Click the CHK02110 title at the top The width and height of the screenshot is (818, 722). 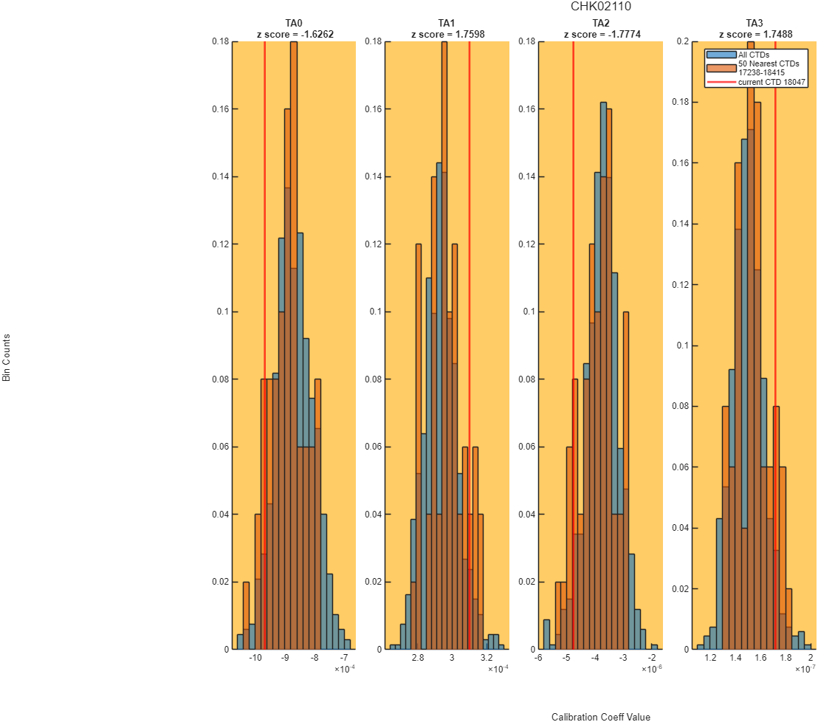click(600, 6)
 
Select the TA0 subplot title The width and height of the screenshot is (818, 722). click(294, 23)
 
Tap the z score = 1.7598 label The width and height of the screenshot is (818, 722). click(447, 35)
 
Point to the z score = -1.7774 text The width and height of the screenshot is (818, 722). click(602, 35)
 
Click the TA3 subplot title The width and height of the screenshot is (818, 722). click(755, 23)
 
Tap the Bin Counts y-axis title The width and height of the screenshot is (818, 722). click(6, 358)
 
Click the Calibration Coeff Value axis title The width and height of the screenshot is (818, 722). click(600, 717)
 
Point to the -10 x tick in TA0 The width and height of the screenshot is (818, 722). click(255, 658)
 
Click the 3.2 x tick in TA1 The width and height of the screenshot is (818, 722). click(487, 658)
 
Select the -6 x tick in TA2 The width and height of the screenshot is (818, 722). click(538, 658)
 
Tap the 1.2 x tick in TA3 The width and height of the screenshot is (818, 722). click(710, 658)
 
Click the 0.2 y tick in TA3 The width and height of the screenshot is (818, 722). click(682, 41)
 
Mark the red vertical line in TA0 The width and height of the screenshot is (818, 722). click(264, 345)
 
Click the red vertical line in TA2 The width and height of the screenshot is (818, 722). click(574, 345)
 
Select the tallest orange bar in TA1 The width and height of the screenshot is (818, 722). click(444, 345)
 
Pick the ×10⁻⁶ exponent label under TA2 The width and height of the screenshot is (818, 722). click(652, 669)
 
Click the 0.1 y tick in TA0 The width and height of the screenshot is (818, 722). click(223, 312)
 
